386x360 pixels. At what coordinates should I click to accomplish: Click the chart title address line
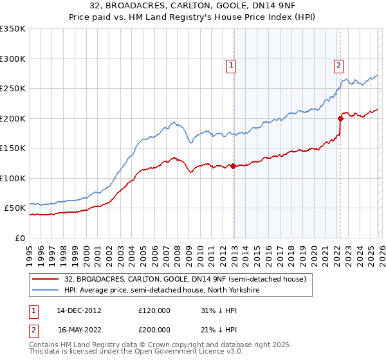[x=193, y=6]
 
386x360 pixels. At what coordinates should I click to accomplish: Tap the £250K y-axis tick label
[x=13, y=89]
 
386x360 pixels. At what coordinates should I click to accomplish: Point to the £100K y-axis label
[x=13, y=178]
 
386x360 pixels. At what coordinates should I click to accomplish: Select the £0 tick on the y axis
[x=20, y=238]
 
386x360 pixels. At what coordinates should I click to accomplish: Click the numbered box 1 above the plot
[x=231, y=64]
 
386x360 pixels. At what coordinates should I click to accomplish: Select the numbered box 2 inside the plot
[x=338, y=64]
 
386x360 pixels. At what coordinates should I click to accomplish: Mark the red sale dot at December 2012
[x=233, y=166]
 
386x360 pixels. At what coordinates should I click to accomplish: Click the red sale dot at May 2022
[x=340, y=118]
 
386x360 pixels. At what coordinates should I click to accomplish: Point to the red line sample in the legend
[x=46, y=279]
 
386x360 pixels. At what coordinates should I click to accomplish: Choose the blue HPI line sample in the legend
[x=46, y=289]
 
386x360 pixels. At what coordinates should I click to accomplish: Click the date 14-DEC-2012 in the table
[x=79, y=310]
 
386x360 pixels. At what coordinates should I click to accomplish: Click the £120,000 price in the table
[x=154, y=310]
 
